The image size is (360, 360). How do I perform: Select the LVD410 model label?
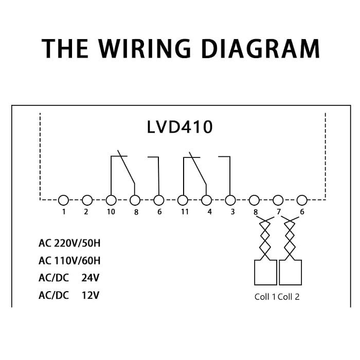coord(179,127)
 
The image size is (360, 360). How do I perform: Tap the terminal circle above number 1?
coord(63,200)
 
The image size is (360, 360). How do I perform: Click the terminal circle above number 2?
coord(87,200)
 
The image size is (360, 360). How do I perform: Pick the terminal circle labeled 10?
coord(111,200)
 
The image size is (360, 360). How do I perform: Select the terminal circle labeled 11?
coord(183,200)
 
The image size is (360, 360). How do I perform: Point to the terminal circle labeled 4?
coord(207,200)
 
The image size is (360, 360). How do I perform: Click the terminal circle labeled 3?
coord(230,200)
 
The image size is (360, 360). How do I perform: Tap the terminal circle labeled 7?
coord(278,200)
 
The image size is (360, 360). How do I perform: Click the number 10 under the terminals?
coord(112,212)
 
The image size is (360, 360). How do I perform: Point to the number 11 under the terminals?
coord(184,212)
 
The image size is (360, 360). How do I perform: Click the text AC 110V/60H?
coord(69,260)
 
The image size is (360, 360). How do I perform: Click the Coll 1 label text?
coord(265,297)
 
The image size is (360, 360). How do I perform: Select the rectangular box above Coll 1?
coord(265,272)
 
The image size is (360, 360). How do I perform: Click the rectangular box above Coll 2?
coord(290,272)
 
